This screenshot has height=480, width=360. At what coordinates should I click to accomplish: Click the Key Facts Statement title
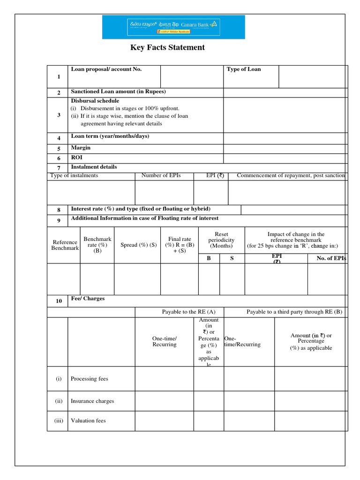[x=167, y=47]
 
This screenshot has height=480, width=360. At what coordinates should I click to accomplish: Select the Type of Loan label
[x=244, y=69]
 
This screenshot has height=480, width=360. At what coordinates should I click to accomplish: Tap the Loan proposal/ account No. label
[x=106, y=69]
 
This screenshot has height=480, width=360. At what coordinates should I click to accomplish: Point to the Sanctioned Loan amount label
[x=118, y=91]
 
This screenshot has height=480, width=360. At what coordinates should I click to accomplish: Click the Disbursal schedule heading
[x=95, y=101]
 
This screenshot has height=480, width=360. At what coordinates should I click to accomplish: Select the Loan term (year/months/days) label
[x=110, y=136]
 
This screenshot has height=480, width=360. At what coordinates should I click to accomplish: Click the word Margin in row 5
[x=81, y=148]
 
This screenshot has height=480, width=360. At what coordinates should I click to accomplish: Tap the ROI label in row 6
[x=76, y=158]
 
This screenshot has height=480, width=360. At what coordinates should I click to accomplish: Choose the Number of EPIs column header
[x=161, y=175]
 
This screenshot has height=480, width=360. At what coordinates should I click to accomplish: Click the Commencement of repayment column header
[x=291, y=175]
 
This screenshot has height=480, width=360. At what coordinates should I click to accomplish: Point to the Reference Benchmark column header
[x=65, y=245]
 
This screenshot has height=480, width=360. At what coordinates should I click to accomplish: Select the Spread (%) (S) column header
[x=138, y=245]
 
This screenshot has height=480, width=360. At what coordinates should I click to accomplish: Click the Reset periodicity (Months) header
[x=221, y=240]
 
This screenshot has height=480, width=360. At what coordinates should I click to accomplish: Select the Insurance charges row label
[x=92, y=401]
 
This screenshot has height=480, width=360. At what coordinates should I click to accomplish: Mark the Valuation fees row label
[x=88, y=421]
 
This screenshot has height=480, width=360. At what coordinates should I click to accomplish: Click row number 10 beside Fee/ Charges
[x=59, y=301]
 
